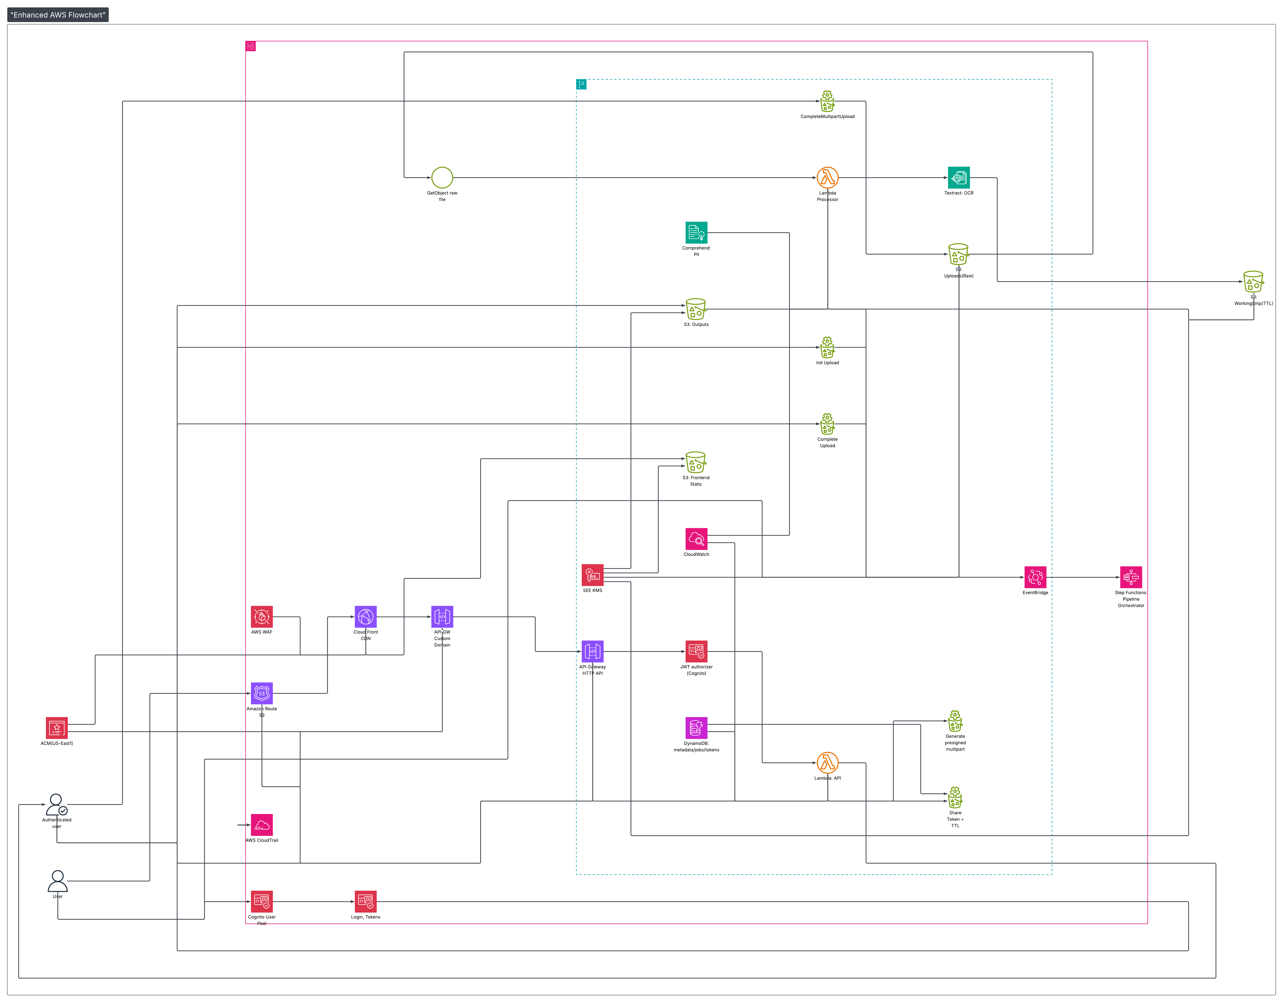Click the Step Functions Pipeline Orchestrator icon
1131,577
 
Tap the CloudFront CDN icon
365,617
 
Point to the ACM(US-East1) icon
57,728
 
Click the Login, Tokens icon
365,902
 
